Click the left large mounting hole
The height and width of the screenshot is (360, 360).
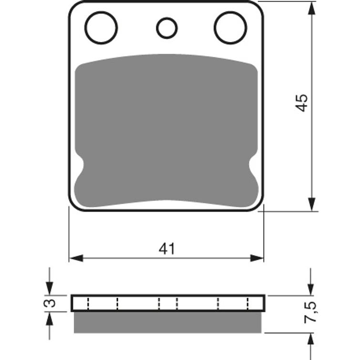(101, 27)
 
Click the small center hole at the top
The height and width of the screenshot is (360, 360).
(167, 28)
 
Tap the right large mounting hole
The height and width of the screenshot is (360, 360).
(230, 27)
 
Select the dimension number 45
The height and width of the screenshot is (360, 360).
(302, 103)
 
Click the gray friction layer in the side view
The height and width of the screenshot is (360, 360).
(167, 322)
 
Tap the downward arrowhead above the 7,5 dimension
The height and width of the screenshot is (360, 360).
(311, 289)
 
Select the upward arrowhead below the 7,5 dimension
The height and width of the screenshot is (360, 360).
(311, 339)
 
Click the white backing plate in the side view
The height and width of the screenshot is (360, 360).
(167, 303)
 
